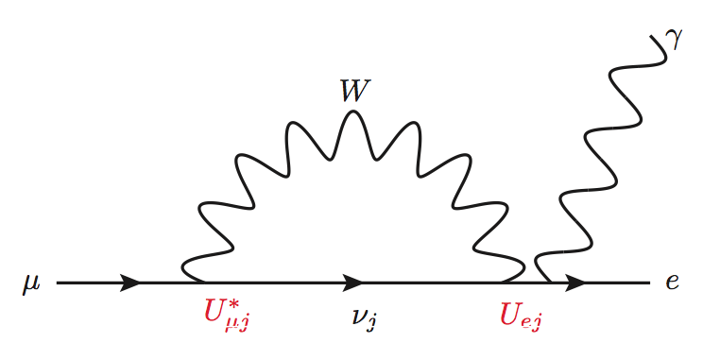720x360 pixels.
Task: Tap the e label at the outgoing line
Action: tap(672, 283)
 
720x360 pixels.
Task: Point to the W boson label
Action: tap(354, 91)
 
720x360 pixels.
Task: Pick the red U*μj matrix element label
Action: tap(227, 314)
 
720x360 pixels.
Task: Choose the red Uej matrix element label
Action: tap(522, 314)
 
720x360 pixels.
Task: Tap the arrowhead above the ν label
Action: tap(353, 283)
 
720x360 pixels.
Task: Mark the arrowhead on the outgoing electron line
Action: tap(574, 283)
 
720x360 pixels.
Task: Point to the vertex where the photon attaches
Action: tap(552, 282)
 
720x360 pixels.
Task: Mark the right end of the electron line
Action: tap(650, 283)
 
